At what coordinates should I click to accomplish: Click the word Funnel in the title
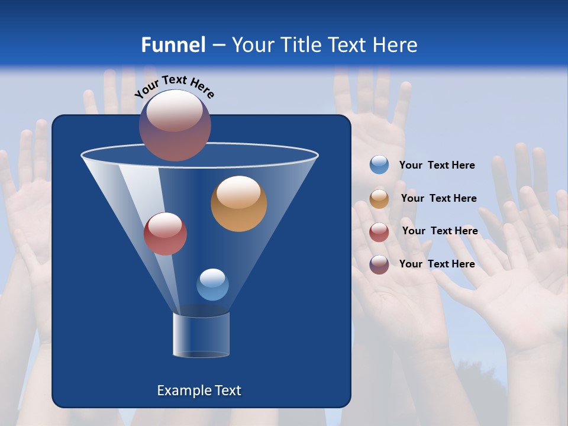coord(173,44)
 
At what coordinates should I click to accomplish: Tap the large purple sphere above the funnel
coord(175,125)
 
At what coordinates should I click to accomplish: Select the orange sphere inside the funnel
coord(238,204)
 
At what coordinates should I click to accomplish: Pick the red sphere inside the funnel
coord(165,234)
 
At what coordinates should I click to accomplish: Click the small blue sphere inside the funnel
coord(212,285)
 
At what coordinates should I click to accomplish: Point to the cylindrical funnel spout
coord(201,335)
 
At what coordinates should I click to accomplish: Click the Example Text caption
coord(199,390)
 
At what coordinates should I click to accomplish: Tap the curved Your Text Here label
coord(174,86)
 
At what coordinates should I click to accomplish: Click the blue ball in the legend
coord(379,165)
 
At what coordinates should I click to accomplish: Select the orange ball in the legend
coord(379,199)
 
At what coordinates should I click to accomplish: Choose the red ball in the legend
coord(379,231)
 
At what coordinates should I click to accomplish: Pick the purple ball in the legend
coord(379,264)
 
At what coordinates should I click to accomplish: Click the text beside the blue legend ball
coord(437,165)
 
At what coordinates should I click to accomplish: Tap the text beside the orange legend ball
coord(438,198)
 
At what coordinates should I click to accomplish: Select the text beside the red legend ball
coord(440,231)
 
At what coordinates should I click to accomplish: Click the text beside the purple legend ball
coord(437,264)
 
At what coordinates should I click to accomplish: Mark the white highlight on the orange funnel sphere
coord(238,192)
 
